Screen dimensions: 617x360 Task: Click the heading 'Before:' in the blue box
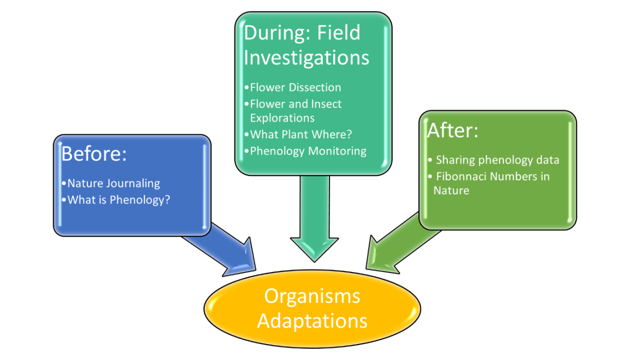coord(94,153)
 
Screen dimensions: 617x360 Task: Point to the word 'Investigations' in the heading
coord(306,58)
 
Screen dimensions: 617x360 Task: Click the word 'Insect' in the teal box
coord(326,104)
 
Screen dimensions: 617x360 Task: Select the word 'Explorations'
coord(282,118)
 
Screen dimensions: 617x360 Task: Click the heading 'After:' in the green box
coord(452,130)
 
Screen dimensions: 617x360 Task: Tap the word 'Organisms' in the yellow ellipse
coord(312,297)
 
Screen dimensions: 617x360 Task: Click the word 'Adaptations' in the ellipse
coord(312,321)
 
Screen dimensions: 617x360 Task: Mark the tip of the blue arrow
coord(256,270)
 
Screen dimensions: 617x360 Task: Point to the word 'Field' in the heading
coord(338,33)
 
